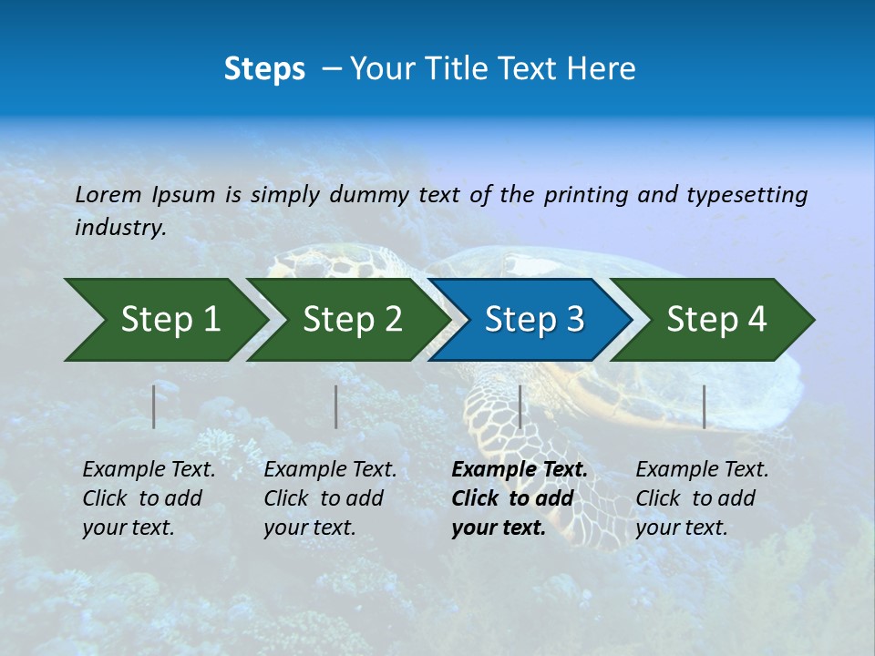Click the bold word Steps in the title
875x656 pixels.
tap(264, 69)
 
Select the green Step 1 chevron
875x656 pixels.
tap(164, 320)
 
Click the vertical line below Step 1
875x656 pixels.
tap(154, 406)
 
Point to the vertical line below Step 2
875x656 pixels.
tap(336, 406)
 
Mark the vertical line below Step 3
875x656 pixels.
tap(520, 406)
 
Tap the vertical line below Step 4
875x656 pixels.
tap(704, 406)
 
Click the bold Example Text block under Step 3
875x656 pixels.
tap(519, 498)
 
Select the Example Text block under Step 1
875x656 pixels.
tap(149, 498)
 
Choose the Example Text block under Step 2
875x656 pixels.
tap(330, 498)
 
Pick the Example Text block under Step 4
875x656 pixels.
tap(702, 498)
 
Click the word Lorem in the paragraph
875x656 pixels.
tap(108, 194)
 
